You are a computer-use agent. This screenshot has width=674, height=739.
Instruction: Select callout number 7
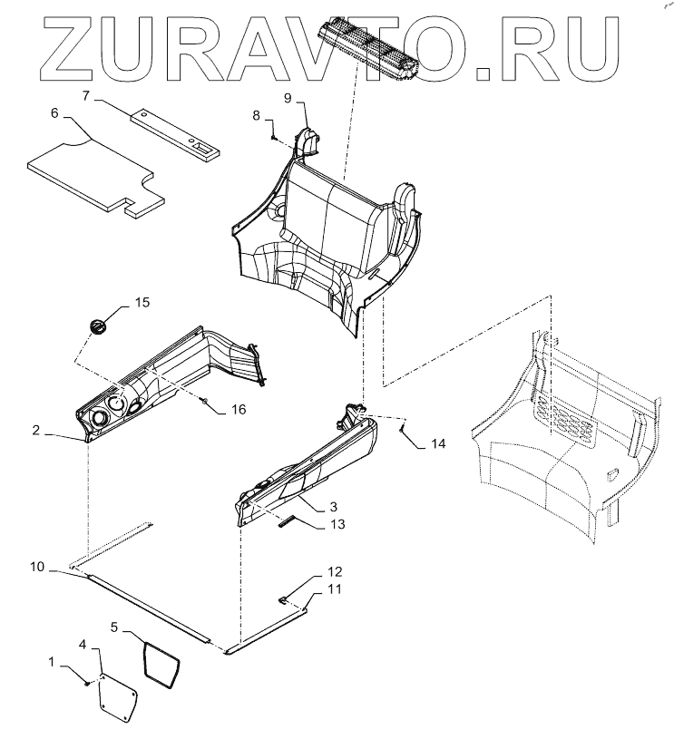[87, 94]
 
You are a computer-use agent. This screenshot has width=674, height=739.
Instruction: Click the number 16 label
[238, 410]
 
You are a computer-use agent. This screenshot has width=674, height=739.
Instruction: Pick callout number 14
[437, 444]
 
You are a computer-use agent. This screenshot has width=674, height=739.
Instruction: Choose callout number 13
[312, 523]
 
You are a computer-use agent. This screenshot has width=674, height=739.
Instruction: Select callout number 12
[310, 571]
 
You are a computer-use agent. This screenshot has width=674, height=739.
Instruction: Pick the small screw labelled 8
[274, 134]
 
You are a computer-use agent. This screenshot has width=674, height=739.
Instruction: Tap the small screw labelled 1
[87, 683]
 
